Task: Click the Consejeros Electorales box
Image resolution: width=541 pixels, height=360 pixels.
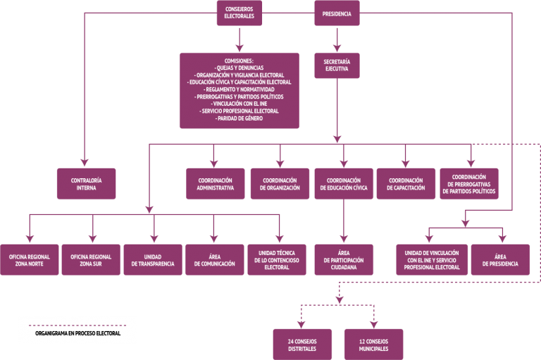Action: (239, 13)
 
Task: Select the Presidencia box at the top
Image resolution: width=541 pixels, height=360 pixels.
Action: (337, 13)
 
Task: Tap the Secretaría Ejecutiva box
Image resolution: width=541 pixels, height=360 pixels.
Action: (337, 66)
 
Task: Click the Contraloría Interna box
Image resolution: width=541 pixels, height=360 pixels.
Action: (86, 184)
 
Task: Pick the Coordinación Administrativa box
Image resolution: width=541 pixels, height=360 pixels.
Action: (216, 184)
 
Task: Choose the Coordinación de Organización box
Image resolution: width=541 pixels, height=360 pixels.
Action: (280, 184)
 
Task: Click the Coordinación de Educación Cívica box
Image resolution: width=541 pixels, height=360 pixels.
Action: (344, 184)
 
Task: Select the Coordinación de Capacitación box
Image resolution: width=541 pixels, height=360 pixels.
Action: (406, 184)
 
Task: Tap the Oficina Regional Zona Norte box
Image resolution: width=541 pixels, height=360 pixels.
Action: (30, 260)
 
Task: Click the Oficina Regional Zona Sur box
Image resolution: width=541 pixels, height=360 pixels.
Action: (91, 260)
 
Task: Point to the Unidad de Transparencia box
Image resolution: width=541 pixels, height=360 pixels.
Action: (153, 260)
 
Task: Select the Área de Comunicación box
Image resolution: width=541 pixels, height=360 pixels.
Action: (215, 260)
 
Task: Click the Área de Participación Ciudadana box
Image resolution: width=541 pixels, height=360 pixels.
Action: (344, 260)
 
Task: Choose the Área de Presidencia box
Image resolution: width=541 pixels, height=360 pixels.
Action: (500, 260)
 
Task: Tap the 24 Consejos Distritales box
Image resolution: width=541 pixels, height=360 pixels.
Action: (302, 345)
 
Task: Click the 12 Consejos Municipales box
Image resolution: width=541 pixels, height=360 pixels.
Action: (373, 345)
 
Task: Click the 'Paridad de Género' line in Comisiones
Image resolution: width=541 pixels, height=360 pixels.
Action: (239, 118)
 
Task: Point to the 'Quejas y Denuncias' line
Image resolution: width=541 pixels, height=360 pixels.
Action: (239, 68)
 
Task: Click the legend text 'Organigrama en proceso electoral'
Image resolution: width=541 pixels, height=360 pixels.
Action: (78, 333)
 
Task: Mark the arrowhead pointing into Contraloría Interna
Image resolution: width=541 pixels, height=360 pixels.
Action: (85, 163)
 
